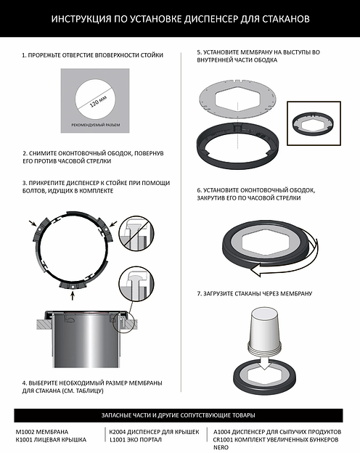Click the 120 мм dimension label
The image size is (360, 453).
[98, 101]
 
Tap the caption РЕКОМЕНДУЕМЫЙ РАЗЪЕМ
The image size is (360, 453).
[95, 125]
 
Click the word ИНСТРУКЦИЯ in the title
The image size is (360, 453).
[81, 19]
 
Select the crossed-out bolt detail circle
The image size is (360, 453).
[136, 233]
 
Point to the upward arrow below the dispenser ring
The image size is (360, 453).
[73, 295]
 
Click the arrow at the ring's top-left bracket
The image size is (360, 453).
[33, 223]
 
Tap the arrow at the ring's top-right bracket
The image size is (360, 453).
[113, 224]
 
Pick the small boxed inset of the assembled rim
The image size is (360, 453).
[314, 123]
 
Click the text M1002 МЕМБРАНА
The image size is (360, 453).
[42, 432]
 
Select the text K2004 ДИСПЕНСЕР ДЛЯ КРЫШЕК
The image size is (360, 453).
[155, 432]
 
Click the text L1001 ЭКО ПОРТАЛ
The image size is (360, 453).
[136, 440]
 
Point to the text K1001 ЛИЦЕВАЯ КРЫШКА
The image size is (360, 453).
[51, 440]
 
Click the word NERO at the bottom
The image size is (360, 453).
[221, 447]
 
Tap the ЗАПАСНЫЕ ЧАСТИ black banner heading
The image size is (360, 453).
[179, 415]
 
